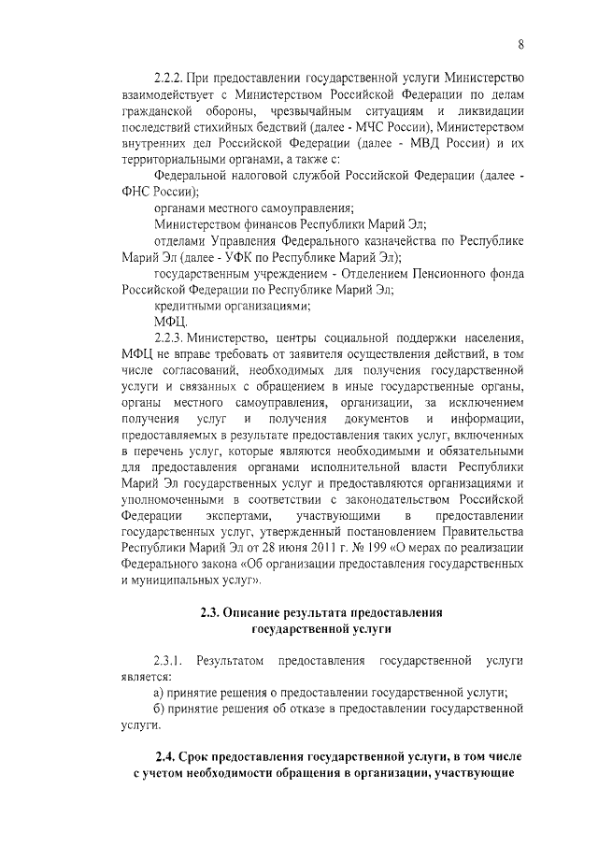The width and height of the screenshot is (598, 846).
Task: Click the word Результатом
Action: (232, 661)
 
